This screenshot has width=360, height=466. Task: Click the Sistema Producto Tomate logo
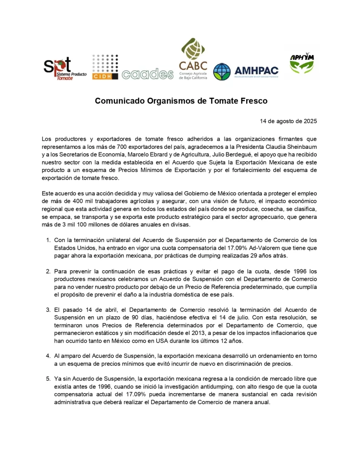coord(58,69)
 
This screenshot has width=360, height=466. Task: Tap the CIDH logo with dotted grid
coord(105,67)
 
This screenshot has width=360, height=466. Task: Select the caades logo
coord(147,74)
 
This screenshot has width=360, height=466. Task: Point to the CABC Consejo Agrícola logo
coord(193,59)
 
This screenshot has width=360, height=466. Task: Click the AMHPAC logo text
coord(256,71)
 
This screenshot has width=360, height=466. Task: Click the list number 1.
coord(48,240)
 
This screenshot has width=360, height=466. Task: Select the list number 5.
coord(48,378)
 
